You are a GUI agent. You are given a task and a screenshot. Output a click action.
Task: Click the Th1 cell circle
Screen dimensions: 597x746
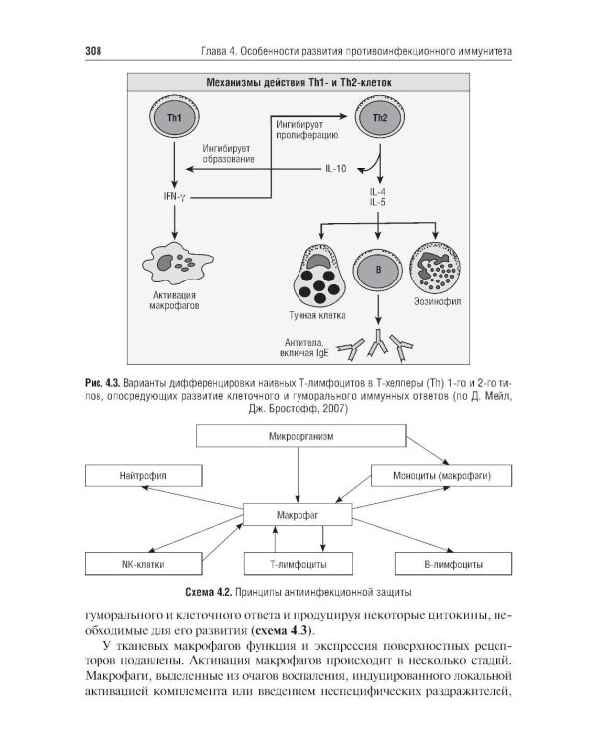174,117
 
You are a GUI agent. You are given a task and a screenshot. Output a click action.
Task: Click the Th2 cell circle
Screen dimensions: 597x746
380,117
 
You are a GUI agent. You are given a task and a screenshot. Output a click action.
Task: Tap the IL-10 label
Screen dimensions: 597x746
335,169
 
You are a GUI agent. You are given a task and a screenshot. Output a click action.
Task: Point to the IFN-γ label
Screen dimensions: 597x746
174,197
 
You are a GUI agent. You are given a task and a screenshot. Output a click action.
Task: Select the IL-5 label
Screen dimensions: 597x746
377,202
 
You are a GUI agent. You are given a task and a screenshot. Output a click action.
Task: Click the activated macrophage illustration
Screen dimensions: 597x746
177,264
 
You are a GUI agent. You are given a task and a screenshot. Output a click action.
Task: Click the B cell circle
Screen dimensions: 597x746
378,271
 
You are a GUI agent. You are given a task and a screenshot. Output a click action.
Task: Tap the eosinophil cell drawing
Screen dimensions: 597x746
435,268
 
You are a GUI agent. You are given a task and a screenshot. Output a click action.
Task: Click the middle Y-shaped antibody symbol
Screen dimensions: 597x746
378,341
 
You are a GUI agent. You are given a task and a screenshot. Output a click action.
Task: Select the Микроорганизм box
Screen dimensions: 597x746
300,436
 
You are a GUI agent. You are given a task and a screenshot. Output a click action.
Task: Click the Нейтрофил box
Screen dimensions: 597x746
143,475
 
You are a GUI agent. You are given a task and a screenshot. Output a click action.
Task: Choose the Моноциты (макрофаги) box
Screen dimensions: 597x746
442,475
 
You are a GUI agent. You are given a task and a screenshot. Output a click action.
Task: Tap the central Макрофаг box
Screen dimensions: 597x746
298,515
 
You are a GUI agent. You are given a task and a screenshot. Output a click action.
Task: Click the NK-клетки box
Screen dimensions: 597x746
143,564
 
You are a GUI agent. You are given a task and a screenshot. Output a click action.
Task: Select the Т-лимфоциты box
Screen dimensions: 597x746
298,564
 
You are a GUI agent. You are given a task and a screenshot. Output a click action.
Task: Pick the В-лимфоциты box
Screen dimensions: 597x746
454,564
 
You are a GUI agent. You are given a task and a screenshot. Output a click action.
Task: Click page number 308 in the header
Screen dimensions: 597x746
94,51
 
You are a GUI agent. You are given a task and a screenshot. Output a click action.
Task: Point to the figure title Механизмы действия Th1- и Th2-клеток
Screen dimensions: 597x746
298,83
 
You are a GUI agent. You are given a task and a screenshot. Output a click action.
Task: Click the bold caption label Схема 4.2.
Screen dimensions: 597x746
208,593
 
